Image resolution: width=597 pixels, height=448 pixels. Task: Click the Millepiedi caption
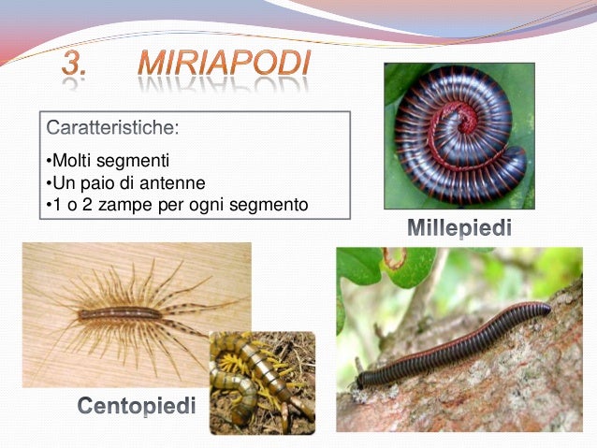coord(459,227)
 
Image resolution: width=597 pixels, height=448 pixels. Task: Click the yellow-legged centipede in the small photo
coord(257,379)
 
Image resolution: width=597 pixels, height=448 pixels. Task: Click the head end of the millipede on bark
coord(361,383)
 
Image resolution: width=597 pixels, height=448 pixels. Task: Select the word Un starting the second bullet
coord(59,181)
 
